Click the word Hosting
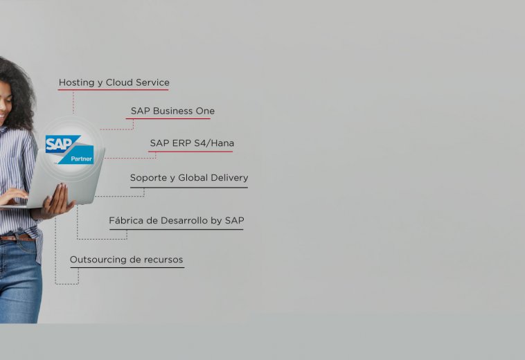[x=76, y=82]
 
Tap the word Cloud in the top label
[x=119, y=82]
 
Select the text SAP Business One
[x=172, y=111]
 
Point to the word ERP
[x=181, y=143]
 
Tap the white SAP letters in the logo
[x=59, y=144]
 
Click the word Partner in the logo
[x=81, y=159]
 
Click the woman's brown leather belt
[x=17, y=238]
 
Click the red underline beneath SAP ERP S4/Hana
[x=190, y=152]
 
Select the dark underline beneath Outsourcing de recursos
[x=127, y=267]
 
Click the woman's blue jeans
[x=19, y=281]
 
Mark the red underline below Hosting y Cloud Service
[x=113, y=90]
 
